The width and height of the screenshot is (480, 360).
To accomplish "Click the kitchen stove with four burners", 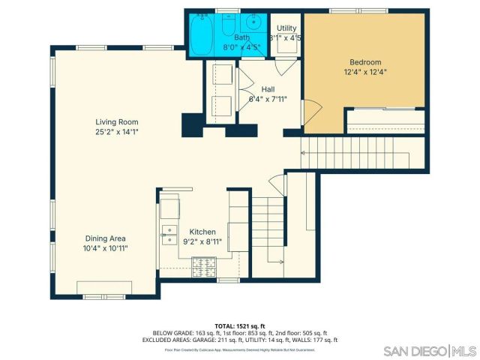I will pyautogui.click(x=204, y=263).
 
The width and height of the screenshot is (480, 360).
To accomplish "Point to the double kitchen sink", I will pyautogui.click(x=169, y=235).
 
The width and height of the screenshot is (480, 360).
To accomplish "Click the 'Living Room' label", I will pyautogui.click(x=116, y=121).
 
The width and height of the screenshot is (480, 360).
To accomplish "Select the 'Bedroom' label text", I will pyautogui.click(x=365, y=62).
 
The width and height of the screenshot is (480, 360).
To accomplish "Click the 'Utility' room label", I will pyautogui.click(x=286, y=27).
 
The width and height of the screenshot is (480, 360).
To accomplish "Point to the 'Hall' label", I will pyautogui.click(x=268, y=88).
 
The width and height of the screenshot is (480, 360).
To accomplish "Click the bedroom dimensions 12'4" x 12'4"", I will pyautogui.click(x=365, y=73).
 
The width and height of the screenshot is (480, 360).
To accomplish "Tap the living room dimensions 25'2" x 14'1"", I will pyautogui.click(x=116, y=131).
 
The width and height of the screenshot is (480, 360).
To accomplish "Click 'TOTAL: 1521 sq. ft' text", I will pyautogui.click(x=240, y=325).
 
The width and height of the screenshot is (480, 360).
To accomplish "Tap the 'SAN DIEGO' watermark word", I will pyautogui.click(x=415, y=351).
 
